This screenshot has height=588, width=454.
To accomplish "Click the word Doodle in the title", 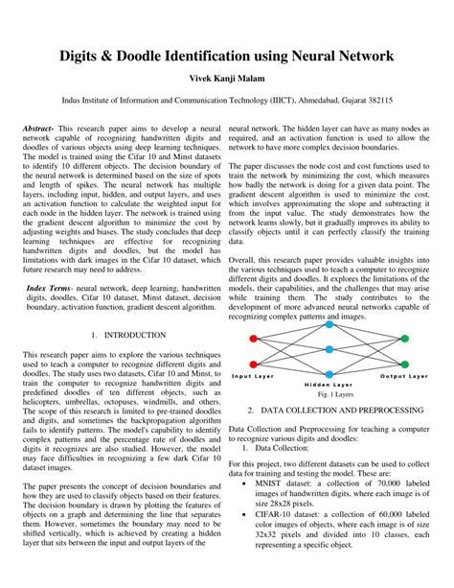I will (138, 57).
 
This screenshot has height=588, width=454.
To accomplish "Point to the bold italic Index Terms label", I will (51, 287).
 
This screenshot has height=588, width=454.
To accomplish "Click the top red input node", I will (253, 339).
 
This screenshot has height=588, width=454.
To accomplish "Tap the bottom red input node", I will (253, 365).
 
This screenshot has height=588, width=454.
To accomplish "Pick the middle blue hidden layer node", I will (329, 351).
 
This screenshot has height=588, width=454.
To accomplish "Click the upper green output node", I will (404, 339).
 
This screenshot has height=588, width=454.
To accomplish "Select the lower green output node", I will (404, 365).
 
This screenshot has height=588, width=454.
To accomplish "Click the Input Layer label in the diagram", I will (253, 377).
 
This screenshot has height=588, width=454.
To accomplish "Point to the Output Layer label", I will (404, 377).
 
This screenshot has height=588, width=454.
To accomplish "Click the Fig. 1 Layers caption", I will (329, 394).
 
